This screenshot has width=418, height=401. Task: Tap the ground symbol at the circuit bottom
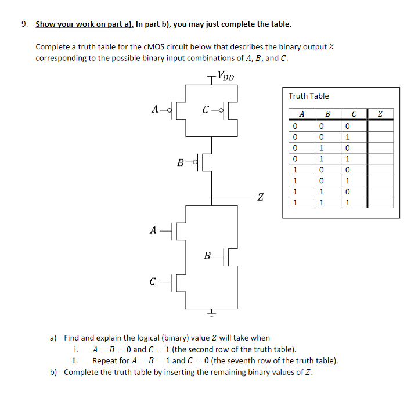click(211, 314)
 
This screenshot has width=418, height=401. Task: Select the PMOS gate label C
click(206, 109)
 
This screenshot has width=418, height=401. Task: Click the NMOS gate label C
click(152, 283)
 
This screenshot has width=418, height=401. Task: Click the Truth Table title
click(308, 96)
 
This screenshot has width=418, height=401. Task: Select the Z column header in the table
click(380, 114)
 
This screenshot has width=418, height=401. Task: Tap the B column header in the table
click(327, 114)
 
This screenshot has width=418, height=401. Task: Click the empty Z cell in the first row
click(380, 125)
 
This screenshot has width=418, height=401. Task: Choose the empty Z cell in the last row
click(380, 203)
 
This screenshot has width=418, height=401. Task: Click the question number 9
click(24, 24)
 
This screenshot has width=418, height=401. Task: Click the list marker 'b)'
click(54, 372)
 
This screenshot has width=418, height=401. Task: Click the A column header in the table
click(301, 114)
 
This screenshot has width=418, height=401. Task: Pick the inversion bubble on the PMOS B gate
click(196, 162)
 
